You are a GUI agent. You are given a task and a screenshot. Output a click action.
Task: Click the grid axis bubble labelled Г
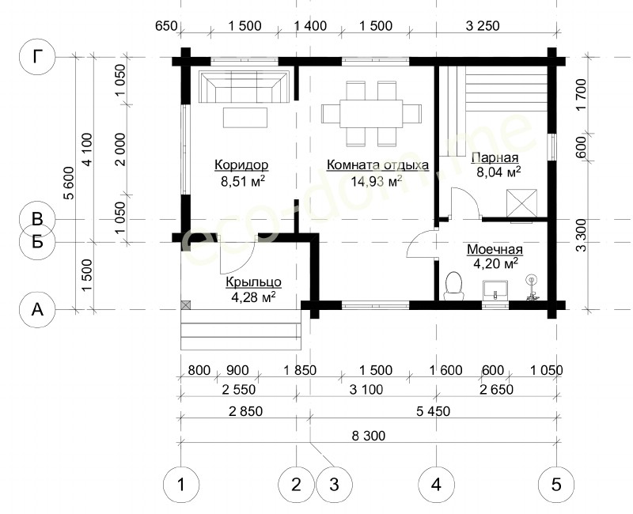[x=37, y=57]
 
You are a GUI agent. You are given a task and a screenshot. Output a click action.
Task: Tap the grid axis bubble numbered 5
[x=556, y=484]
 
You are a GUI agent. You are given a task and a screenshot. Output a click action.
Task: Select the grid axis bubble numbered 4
[x=436, y=484]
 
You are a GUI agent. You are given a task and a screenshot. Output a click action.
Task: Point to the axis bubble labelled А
[x=37, y=309]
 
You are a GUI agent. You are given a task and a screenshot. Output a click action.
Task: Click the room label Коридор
[x=241, y=165]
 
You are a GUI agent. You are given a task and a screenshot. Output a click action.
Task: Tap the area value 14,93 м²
[x=376, y=181]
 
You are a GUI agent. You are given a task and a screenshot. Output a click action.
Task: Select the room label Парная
[x=495, y=157]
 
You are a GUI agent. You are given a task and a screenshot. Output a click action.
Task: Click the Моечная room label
[x=495, y=249]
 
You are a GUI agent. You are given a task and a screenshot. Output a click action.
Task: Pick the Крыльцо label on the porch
[x=253, y=282]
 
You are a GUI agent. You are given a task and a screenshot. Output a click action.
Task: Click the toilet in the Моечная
[x=453, y=286]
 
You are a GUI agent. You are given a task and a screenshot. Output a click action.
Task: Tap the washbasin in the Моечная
[x=495, y=290]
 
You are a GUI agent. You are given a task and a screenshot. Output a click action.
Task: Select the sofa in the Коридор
[x=244, y=87]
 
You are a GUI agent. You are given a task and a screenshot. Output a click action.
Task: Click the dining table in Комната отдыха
[x=371, y=113]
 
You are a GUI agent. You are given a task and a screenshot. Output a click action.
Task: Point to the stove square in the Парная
[x=522, y=203]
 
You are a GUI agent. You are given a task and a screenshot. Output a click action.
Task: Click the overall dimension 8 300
[x=369, y=436]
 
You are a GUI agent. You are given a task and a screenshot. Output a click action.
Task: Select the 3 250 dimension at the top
[x=483, y=26]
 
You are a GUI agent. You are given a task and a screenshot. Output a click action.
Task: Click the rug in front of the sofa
[x=245, y=117]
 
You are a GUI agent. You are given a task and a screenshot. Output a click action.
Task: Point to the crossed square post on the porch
[x=185, y=305]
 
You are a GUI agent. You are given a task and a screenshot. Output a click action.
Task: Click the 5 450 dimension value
[x=433, y=411]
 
